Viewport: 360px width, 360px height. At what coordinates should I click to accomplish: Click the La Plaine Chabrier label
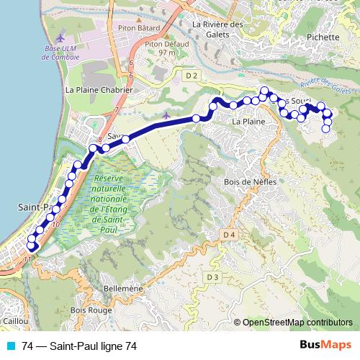click(x=99, y=91)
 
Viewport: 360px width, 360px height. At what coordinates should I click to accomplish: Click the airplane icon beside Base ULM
click(x=59, y=36)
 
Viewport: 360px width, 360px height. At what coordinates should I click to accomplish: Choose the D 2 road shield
click(x=191, y=75)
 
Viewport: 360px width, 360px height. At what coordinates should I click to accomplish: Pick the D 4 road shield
click(x=229, y=235)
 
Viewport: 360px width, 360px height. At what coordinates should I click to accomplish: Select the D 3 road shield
click(x=212, y=276)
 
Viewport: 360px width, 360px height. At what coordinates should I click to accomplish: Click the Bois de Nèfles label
click(x=246, y=182)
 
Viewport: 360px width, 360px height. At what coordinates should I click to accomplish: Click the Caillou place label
click(x=14, y=321)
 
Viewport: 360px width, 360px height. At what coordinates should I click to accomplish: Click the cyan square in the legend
click(x=13, y=346)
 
